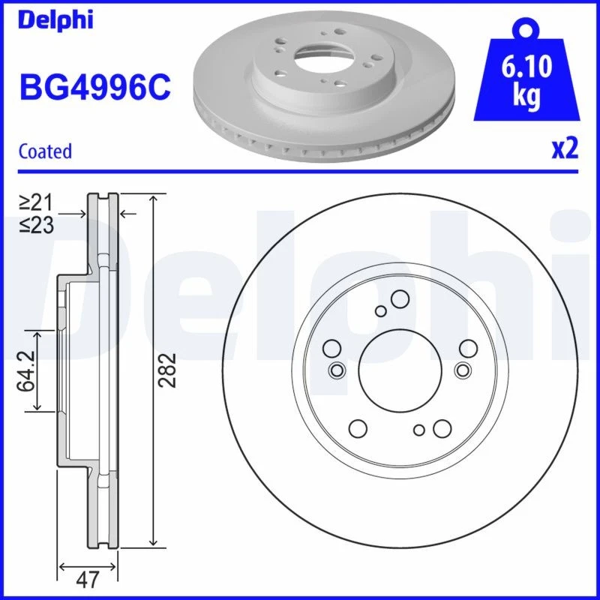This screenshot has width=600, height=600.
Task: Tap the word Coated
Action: coord(45,151)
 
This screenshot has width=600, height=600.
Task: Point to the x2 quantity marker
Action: coord(565,149)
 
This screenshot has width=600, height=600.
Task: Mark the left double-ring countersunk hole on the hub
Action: coord(337,370)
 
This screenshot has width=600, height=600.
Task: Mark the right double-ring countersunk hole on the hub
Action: coord(462,370)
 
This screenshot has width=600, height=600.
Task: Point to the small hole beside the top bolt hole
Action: coord(381,311)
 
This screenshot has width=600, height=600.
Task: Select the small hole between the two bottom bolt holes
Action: coord(419,430)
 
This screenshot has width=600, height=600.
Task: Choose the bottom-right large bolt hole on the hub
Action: coord(440,428)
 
